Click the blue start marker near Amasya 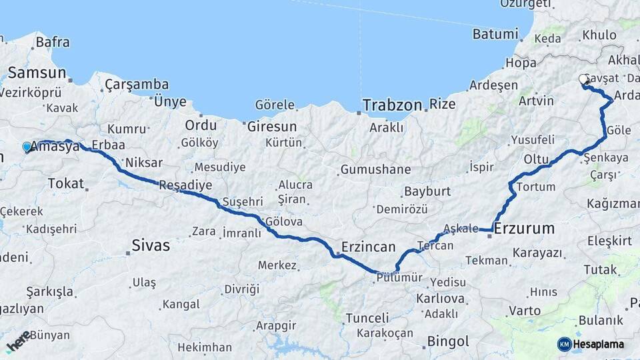pyautogui.click(x=27, y=147)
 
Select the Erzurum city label pyautogui.click(x=524, y=229)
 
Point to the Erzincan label pyautogui.click(x=368, y=247)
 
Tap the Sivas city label pyautogui.click(x=151, y=245)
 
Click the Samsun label pyautogui.click(x=37, y=73)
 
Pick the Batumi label pyautogui.click(x=495, y=34)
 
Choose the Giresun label pyautogui.click(x=271, y=125)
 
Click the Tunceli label pyautogui.click(x=367, y=318)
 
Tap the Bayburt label pyautogui.click(x=427, y=192)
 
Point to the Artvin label pyautogui.click(x=536, y=101)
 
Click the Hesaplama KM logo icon pyautogui.click(x=565, y=344)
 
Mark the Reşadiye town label pyautogui.click(x=185, y=185)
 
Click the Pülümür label pyautogui.click(x=399, y=277)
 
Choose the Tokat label pyautogui.click(x=65, y=183)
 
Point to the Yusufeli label pyautogui.click(x=533, y=140)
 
